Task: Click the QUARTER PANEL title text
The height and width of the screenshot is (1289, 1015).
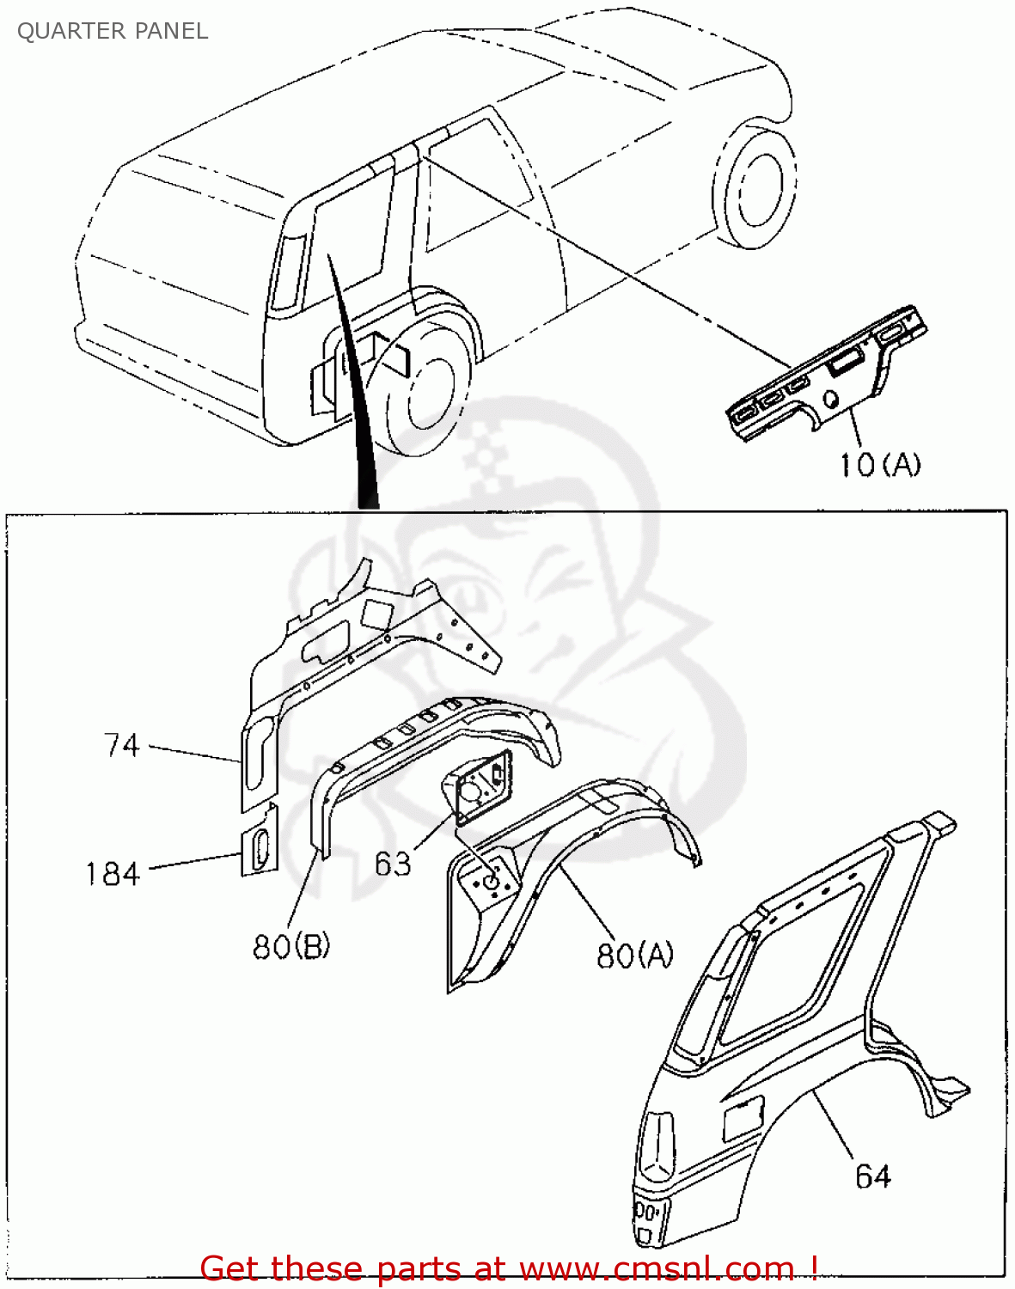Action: click(x=112, y=31)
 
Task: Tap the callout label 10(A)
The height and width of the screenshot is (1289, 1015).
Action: click(x=879, y=465)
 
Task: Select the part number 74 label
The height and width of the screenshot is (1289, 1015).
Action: click(x=121, y=745)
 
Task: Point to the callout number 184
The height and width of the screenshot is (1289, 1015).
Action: click(x=112, y=875)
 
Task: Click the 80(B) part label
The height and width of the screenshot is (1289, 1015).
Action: click(x=291, y=946)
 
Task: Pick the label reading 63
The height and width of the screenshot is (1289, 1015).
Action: click(x=393, y=864)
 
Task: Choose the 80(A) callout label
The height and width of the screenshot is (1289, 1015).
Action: click(x=635, y=955)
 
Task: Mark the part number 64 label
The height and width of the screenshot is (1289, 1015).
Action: click(x=872, y=1176)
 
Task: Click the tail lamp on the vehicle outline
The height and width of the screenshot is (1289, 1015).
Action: click(x=289, y=272)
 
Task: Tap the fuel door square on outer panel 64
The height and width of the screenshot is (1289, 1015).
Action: click(x=743, y=1118)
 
